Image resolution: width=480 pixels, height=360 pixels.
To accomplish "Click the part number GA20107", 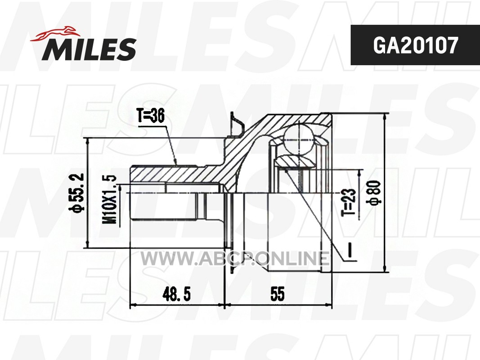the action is [415, 45].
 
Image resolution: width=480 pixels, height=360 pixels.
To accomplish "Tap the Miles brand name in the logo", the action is [89, 49].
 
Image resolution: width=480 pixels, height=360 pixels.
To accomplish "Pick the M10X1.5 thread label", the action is [110, 199].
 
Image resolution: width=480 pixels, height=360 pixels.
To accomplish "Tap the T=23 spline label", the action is [349, 202].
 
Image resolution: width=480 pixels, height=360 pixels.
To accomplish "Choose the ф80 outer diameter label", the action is [375, 193].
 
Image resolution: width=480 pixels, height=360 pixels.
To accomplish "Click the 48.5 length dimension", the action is [176, 294].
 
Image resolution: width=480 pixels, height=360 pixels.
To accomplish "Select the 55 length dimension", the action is [278, 294].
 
